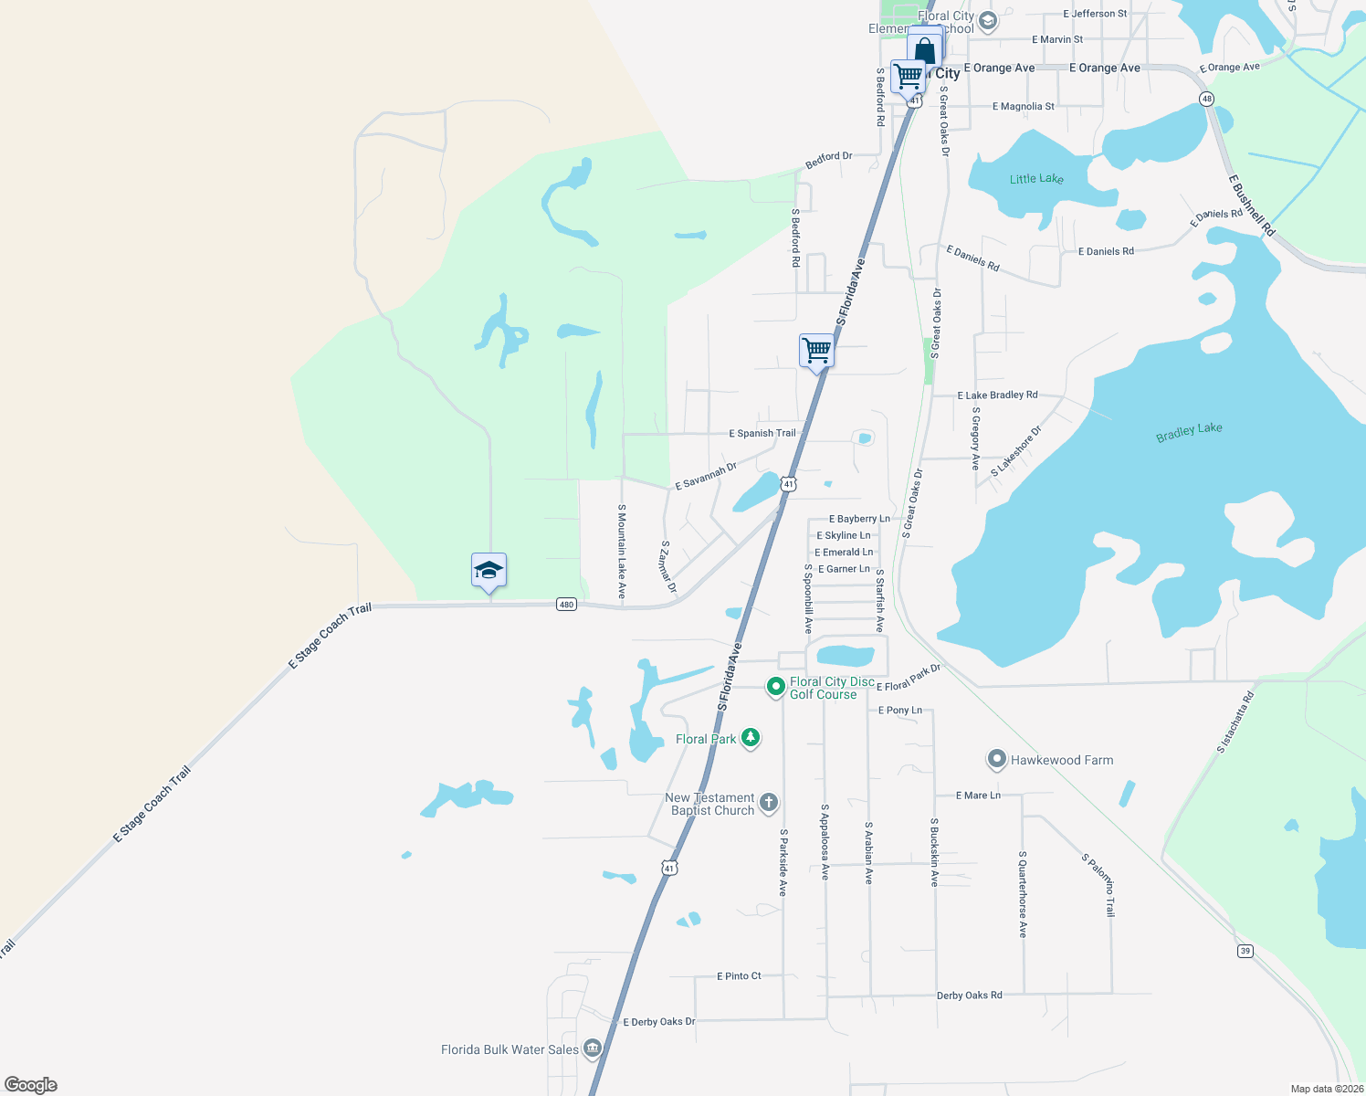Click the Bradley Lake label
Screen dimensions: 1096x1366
click(1189, 432)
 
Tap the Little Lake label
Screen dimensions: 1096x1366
click(1036, 179)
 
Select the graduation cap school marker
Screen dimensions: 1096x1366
click(489, 571)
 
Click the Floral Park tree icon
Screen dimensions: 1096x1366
click(751, 738)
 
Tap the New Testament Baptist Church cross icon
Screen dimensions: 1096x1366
click(769, 803)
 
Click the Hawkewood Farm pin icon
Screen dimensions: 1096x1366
click(997, 759)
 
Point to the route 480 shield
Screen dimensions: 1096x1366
click(566, 604)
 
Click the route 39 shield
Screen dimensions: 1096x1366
click(1245, 951)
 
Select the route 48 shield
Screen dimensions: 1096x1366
click(1207, 99)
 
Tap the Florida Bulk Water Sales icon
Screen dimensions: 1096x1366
click(593, 1048)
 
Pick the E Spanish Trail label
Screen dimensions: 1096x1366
click(762, 433)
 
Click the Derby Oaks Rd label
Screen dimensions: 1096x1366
click(969, 995)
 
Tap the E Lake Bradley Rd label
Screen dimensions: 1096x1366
click(997, 395)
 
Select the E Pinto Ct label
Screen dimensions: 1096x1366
click(739, 975)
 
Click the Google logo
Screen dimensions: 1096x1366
click(31, 1084)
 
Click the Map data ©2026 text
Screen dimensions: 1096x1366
click(1327, 1089)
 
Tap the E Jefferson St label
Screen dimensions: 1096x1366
click(1095, 14)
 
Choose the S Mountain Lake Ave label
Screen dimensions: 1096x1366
click(622, 552)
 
